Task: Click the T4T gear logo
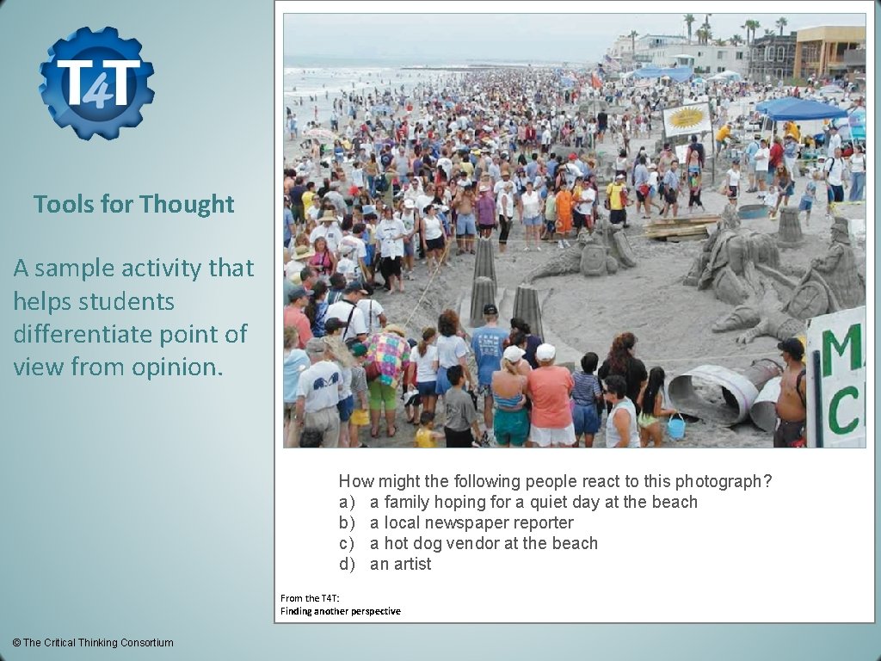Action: (x=96, y=83)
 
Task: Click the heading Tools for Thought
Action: (x=133, y=204)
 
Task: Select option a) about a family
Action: (x=518, y=502)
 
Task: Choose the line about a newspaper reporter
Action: (x=456, y=522)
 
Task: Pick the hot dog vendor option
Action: (x=468, y=543)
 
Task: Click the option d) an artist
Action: (x=385, y=564)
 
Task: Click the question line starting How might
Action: (x=555, y=481)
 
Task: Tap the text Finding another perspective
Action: (x=340, y=611)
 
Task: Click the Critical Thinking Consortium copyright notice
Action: (x=92, y=643)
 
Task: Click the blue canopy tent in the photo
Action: (x=799, y=109)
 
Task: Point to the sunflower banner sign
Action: (x=687, y=119)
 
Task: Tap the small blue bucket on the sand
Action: (x=676, y=427)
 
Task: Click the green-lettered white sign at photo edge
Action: (x=836, y=379)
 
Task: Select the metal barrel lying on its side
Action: (x=713, y=392)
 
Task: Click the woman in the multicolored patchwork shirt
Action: (x=385, y=361)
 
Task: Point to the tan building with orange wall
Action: (x=829, y=52)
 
